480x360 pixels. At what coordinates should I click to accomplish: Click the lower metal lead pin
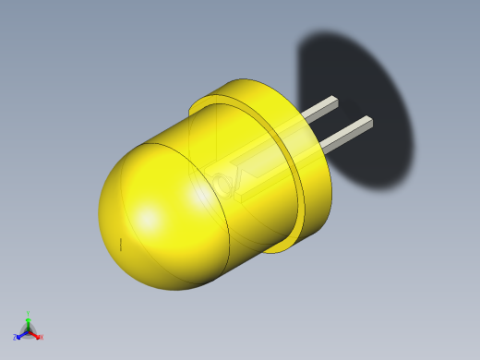pyautogui.click(x=346, y=134)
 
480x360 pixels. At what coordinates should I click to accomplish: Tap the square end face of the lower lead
pyautogui.click(x=367, y=121)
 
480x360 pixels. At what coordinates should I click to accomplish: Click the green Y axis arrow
pyautogui.click(x=28, y=320)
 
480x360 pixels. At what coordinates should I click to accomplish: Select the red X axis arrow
pyautogui.click(x=35, y=334)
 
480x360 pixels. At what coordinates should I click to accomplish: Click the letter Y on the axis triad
pyautogui.click(x=28, y=314)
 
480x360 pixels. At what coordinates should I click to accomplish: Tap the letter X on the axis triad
pyautogui.click(x=41, y=337)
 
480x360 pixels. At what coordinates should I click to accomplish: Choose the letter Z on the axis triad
pyautogui.click(x=15, y=337)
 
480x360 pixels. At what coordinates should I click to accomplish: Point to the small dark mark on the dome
pyautogui.click(x=120, y=244)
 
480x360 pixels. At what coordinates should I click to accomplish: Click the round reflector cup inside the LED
pyautogui.click(x=224, y=186)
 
